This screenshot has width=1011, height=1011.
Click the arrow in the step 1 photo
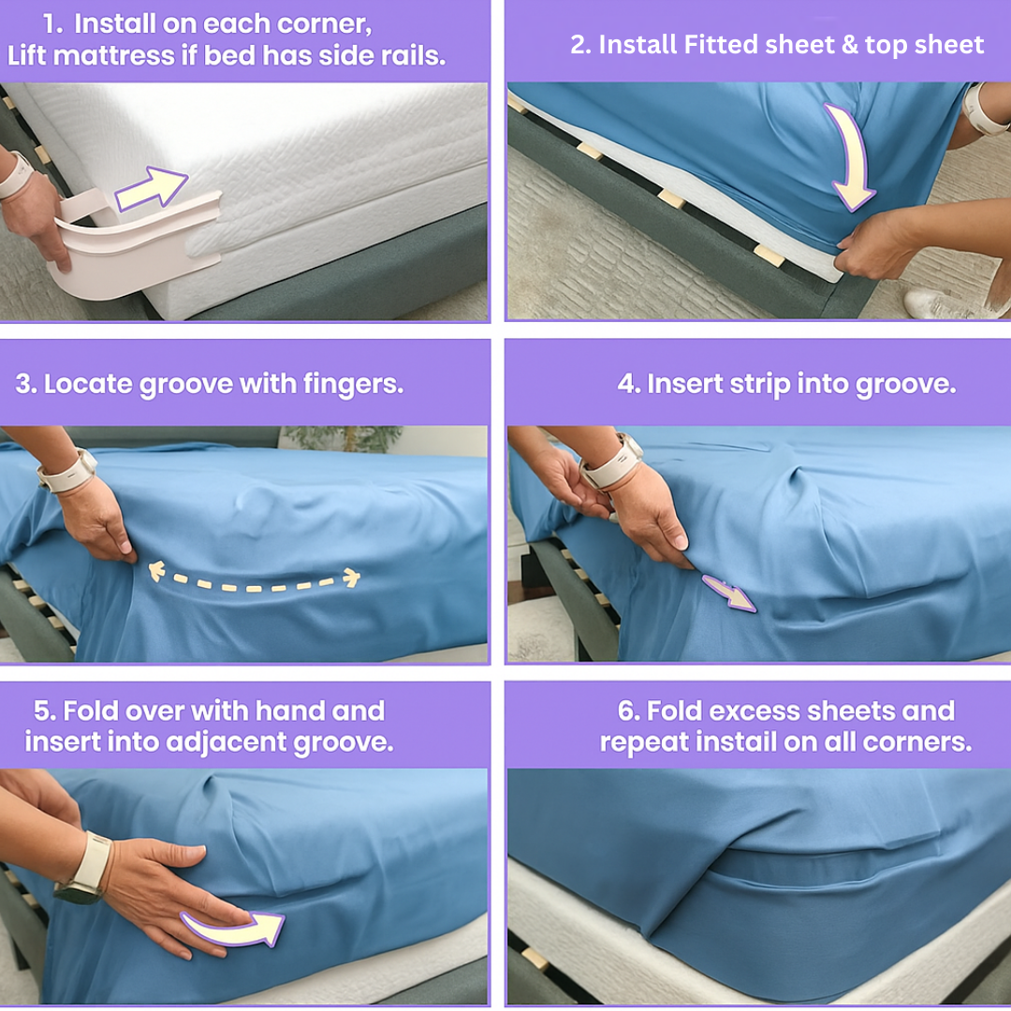(153, 188)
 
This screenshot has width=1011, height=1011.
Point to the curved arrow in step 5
(234, 928)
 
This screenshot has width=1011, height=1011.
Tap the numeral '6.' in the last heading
(628, 711)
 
